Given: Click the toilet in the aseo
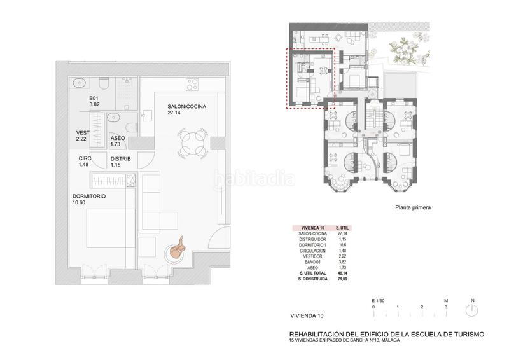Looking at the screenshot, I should pos(132,127).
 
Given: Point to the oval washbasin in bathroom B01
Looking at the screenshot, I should pos(78,83).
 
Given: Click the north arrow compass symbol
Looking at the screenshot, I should pos(471,310).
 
